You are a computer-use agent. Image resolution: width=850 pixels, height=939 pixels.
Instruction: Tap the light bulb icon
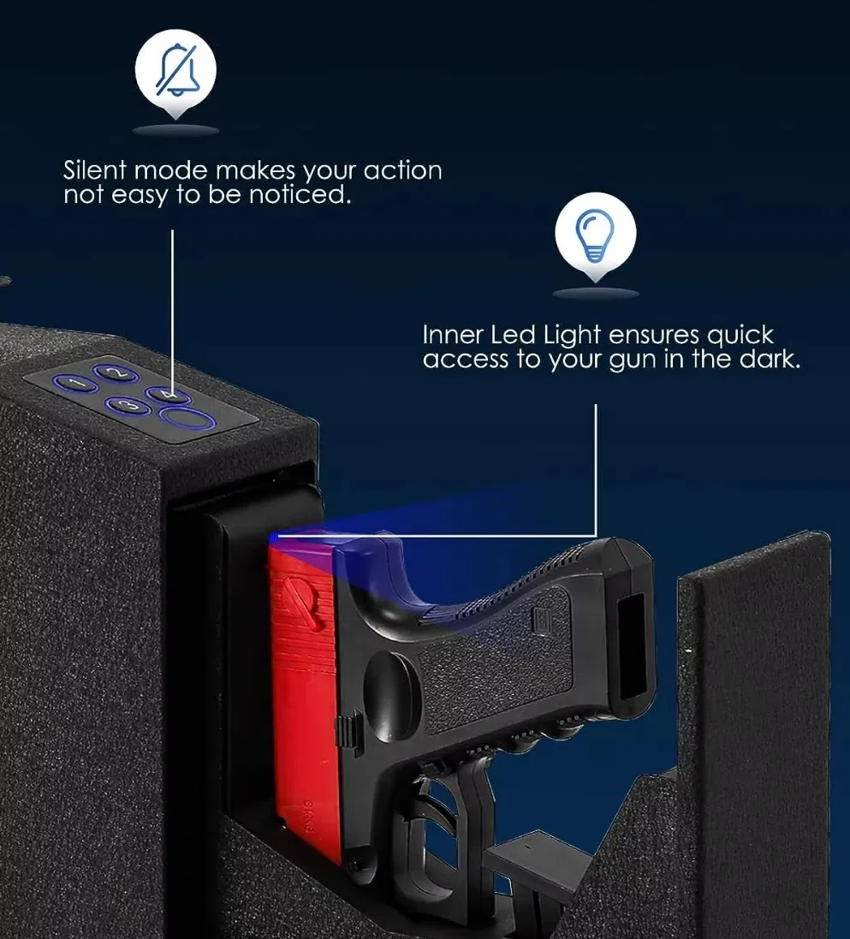595,232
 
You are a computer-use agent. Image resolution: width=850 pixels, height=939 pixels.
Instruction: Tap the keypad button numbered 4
166,395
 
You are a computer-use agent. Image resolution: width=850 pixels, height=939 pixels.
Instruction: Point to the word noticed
300,195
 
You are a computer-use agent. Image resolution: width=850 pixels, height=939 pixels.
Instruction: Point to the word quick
740,335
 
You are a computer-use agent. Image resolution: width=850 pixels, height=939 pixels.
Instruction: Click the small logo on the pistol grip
542,617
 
